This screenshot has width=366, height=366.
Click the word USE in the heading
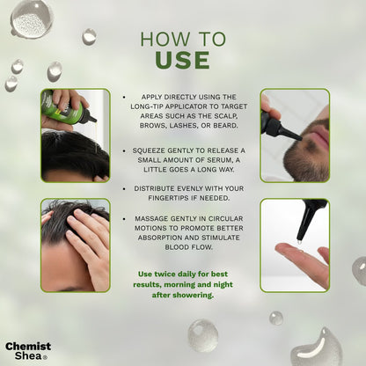pos(182,60)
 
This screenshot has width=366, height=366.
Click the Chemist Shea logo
pos(28,351)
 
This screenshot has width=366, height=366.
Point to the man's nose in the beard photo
pos(321,115)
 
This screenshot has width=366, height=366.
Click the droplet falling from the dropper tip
pos(299,243)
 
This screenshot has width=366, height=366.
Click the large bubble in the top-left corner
pos(32,18)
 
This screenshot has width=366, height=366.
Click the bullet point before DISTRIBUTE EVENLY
pos(124,189)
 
